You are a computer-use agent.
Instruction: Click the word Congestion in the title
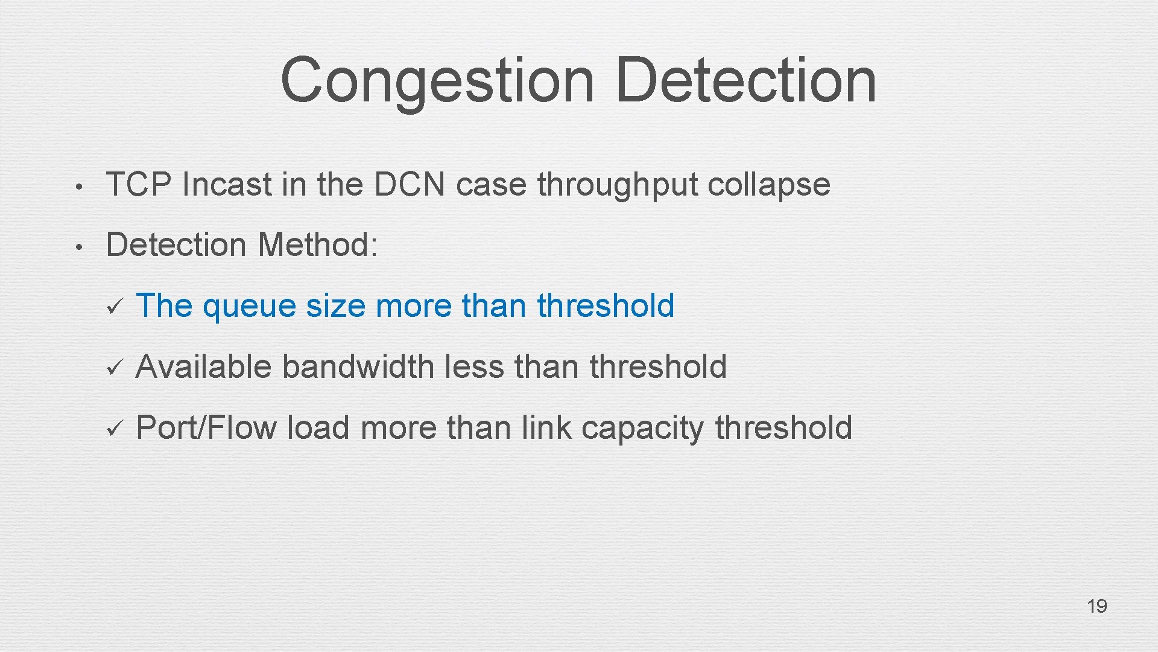click(437, 80)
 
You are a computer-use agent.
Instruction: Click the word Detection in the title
click(746, 80)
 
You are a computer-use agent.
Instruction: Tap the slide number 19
click(1096, 606)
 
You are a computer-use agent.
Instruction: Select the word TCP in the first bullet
click(138, 184)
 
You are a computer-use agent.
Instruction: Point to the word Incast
click(226, 184)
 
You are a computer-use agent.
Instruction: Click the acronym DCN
click(410, 184)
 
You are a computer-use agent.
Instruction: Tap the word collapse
click(768, 185)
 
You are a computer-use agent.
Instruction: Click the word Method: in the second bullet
click(318, 245)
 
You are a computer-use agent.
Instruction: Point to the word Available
click(203, 366)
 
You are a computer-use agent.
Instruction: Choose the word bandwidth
click(358, 366)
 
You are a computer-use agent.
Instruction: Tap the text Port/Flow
click(206, 428)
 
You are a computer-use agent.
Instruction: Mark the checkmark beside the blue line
click(114, 306)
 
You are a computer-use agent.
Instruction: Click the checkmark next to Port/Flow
click(114, 428)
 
